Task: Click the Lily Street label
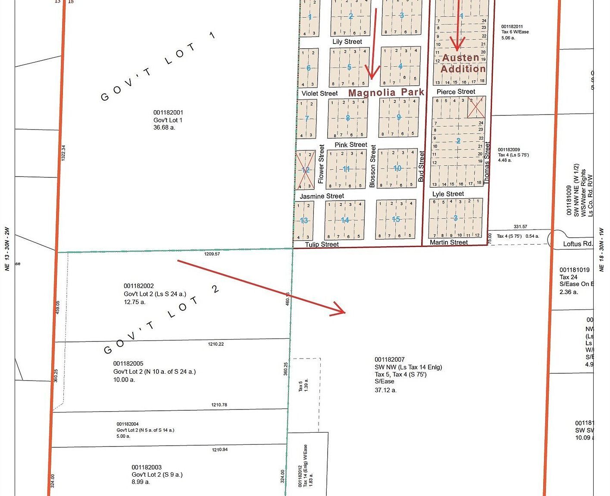pos(347,42)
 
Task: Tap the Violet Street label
pos(319,93)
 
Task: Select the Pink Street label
pos(351,145)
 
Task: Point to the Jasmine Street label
pos(322,196)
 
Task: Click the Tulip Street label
pos(322,245)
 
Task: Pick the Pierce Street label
pos(456,92)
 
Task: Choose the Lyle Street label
pos(448,194)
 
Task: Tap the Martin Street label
pos(448,242)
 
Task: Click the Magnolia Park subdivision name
pos(386,93)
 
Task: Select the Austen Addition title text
pos(462,63)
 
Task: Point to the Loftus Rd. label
pos(578,244)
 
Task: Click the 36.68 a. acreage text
pos(164,127)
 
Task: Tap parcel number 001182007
pos(389,360)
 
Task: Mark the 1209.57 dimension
pos(212,254)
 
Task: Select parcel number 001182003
pos(147,467)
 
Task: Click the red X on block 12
pos(306,170)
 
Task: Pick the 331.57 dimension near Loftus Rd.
pos(520,227)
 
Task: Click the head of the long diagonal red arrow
pos(344,312)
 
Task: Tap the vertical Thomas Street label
pos(488,163)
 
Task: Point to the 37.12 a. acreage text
pos(385,390)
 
